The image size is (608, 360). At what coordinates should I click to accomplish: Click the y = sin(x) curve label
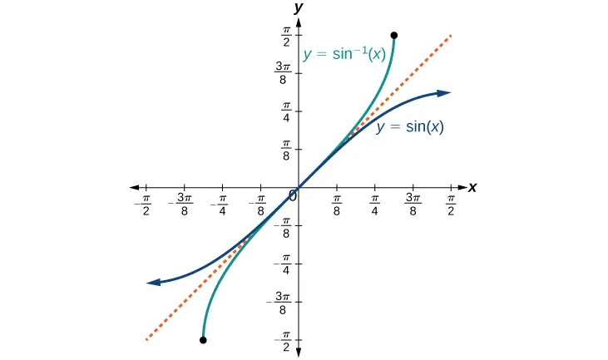[409, 127]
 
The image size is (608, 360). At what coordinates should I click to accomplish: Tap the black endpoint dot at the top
[393, 36]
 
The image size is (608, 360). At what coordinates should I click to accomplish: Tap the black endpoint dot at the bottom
[203, 340]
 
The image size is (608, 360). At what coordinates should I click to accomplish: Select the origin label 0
[292, 196]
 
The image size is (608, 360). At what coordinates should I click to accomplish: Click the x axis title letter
[472, 188]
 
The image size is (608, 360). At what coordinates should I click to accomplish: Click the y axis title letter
[299, 7]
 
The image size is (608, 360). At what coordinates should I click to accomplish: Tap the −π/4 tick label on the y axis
[283, 264]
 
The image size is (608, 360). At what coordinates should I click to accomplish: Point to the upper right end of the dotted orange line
[451, 35]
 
